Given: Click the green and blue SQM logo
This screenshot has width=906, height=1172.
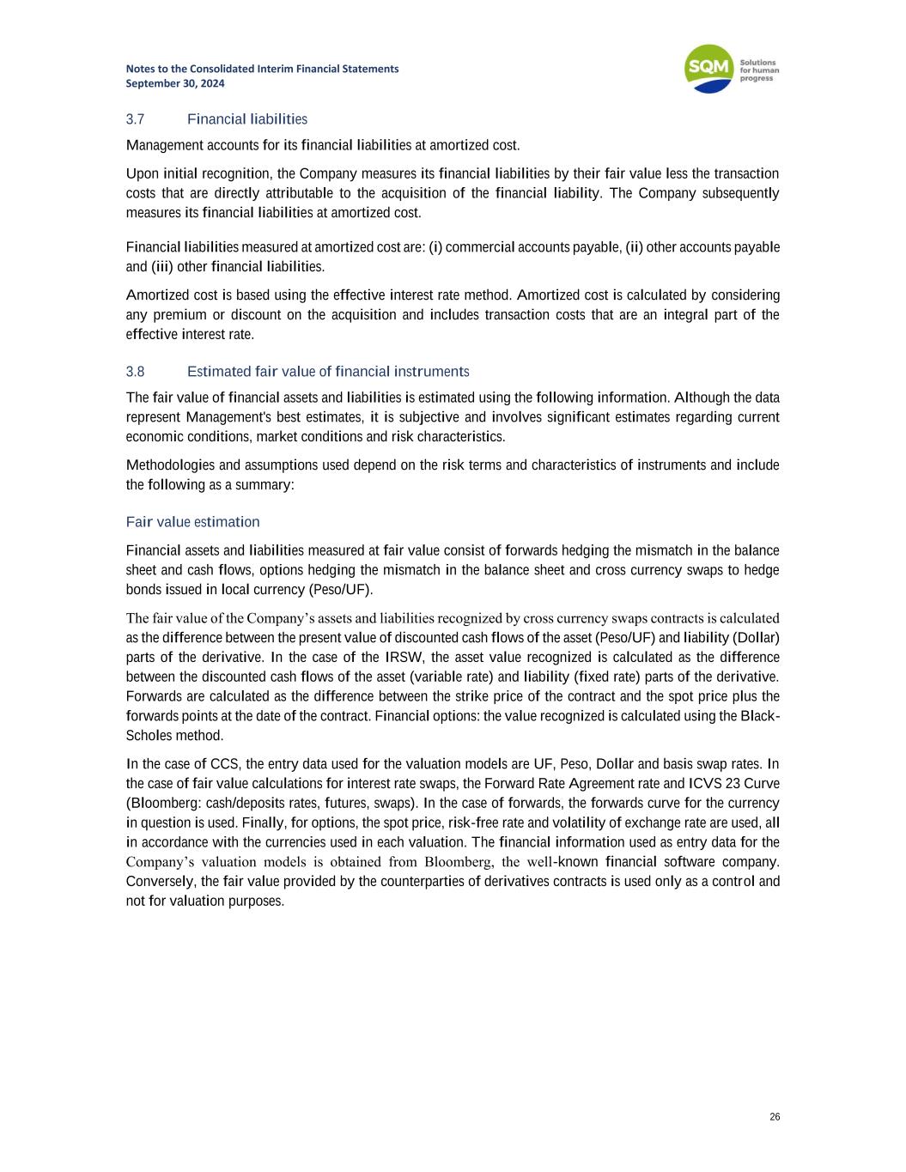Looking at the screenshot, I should click(x=708, y=70).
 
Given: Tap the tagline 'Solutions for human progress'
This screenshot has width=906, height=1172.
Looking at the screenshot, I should click(x=757, y=70).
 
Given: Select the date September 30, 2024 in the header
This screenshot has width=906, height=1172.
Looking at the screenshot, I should click(x=175, y=83).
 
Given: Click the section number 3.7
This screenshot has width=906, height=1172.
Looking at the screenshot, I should click(x=135, y=118).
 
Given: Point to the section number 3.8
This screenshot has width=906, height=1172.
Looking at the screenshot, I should click(x=135, y=372).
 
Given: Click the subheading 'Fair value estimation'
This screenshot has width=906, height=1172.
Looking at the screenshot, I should click(x=192, y=522).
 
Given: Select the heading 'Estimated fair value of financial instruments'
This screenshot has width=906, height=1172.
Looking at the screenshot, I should click(x=328, y=372).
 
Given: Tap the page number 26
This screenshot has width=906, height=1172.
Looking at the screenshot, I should click(x=775, y=1117).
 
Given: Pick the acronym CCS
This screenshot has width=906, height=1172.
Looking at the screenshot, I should click(x=224, y=764).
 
